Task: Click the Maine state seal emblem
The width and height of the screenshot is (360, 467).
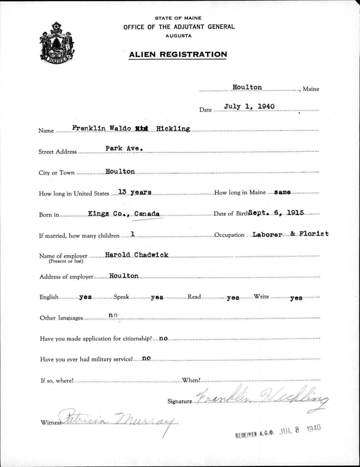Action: point(57,43)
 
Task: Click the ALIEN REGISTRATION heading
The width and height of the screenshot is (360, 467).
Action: point(178,54)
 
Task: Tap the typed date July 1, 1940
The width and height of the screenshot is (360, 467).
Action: point(249,106)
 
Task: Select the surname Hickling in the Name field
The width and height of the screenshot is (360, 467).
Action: point(173,129)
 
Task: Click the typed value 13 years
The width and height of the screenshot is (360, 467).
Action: point(135,192)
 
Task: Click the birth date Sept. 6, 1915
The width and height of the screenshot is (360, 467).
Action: point(276,213)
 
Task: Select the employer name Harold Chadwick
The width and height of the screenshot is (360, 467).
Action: point(136,255)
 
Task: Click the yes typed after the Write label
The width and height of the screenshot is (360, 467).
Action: point(296,298)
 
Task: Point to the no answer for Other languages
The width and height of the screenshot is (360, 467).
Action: point(113,316)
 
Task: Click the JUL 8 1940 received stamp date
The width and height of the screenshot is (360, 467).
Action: point(300,430)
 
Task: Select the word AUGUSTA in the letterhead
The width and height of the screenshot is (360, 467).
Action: point(178,36)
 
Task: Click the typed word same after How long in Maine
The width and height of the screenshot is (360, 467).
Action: point(282,192)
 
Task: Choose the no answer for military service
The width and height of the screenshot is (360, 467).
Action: point(146,358)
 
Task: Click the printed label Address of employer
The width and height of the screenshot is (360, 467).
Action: point(66,277)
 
